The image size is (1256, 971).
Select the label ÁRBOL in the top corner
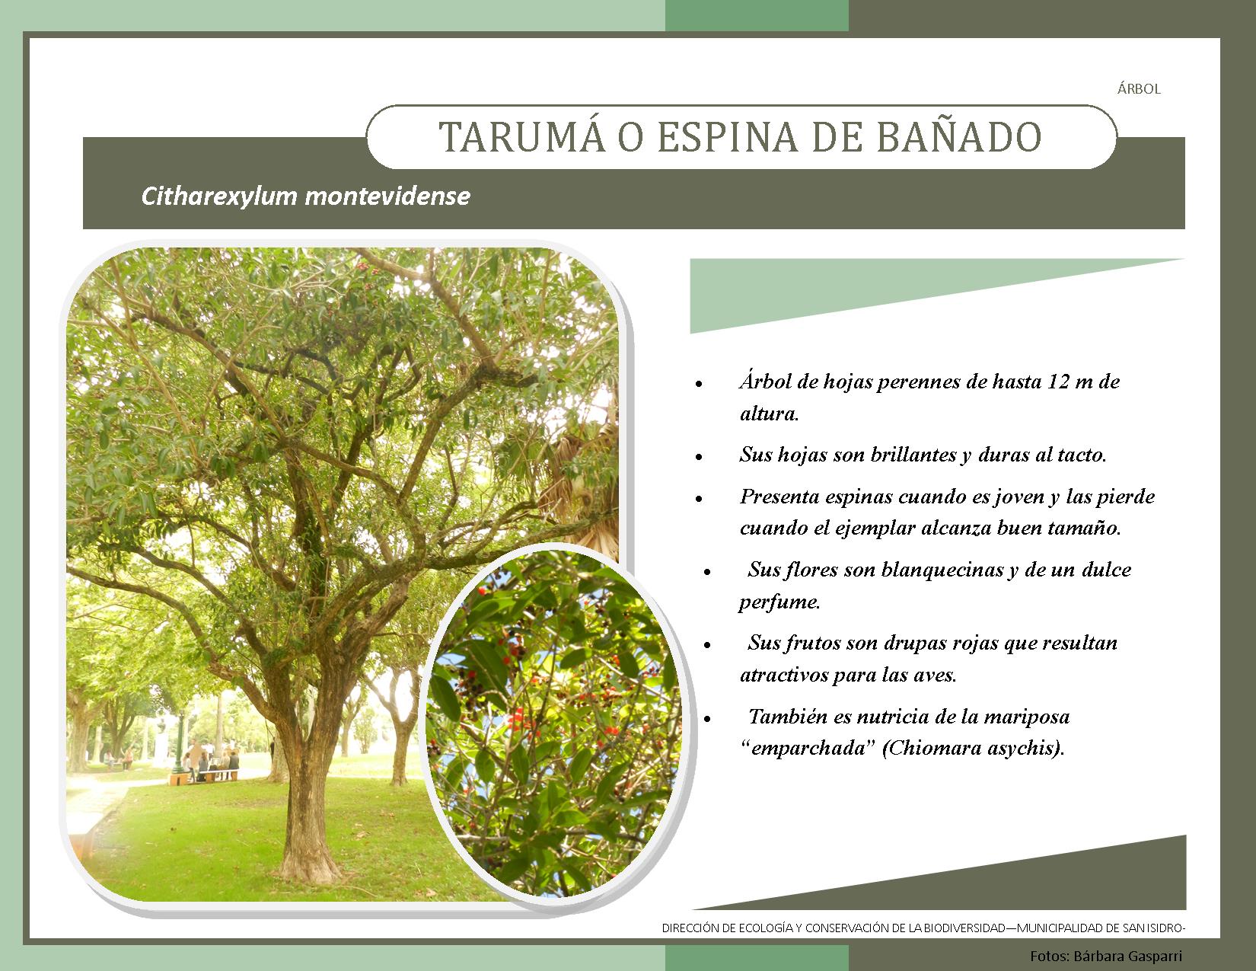(1139, 88)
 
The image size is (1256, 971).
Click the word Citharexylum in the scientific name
(219, 196)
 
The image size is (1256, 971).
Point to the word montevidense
(387, 196)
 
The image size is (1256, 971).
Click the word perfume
(779, 602)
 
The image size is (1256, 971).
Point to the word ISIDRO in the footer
(1164, 928)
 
